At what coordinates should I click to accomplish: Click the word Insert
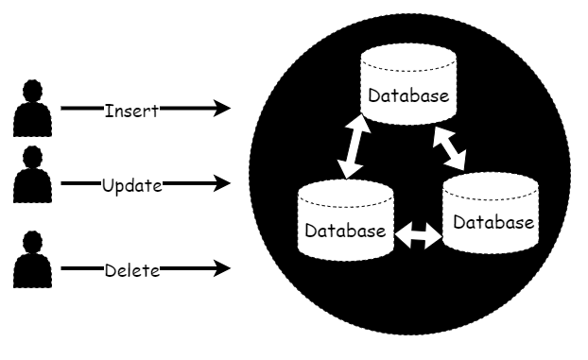pyautogui.click(x=130, y=109)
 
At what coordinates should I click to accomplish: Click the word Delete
pyautogui.click(x=131, y=269)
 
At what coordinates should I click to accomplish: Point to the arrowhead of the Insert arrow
pyautogui.click(x=222, y=109)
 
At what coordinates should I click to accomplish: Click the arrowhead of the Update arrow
pyautogui.click(x=222, y=183)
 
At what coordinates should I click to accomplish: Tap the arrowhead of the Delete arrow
pyautogui.click(x=222, y=269)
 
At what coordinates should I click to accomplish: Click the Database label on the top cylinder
pyautogui.click(x=407, y=96)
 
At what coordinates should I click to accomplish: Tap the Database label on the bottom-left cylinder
pyautogui.click(x=343, y=231)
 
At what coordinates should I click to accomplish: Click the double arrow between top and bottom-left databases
pyautogui.click(x=354, y=146)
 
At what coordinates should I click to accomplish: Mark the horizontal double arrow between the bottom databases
pyautogui.click(x=418, y=236)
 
